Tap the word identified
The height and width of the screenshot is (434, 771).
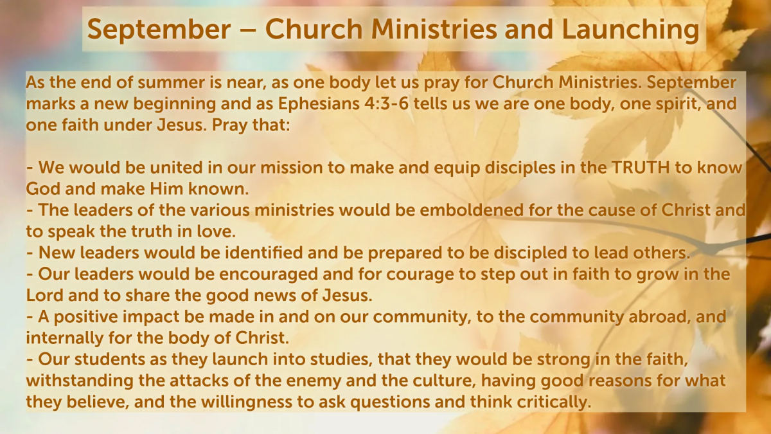(x=264, y=253)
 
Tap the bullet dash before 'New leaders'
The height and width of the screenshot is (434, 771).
(x=30, y=254)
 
